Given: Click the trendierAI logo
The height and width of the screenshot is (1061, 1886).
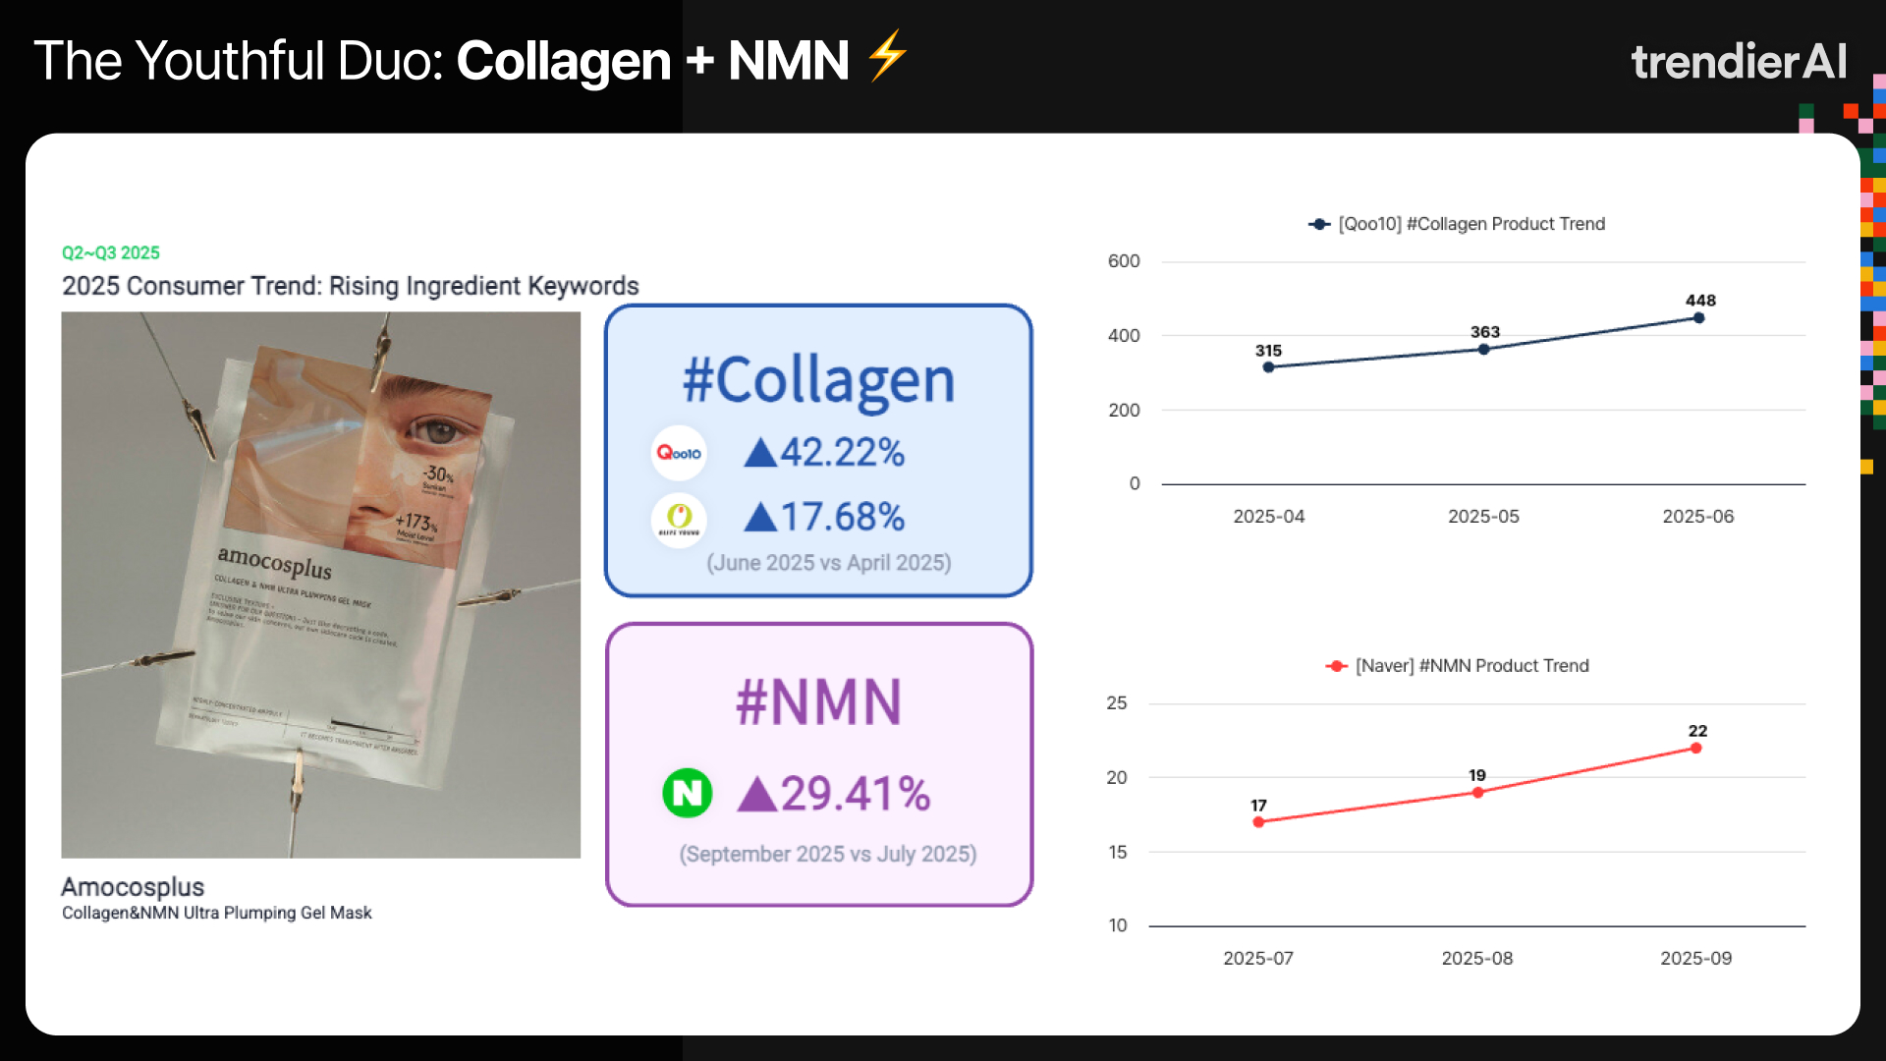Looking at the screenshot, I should point(1739,61).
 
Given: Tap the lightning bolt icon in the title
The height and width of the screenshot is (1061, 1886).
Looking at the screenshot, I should point(887,55).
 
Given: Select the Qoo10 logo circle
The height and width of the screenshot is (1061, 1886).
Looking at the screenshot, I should point(679,453).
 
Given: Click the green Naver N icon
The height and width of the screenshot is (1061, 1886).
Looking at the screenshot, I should point(688,793).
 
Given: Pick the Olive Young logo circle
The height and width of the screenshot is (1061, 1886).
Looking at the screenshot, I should point(679,518).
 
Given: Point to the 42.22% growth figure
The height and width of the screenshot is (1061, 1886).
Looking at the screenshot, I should point(824,453).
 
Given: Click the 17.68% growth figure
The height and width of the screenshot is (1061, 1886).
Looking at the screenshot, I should point(824,518).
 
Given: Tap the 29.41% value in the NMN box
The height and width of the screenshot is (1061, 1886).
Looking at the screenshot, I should point(834,794).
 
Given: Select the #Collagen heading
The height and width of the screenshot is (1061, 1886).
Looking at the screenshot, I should point(818,380).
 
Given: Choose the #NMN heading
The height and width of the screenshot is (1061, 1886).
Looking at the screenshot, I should point(818,702).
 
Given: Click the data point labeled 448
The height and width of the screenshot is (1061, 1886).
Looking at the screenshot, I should point(1698,318).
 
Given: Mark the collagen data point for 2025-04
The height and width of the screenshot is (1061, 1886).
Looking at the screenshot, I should point(1268,367).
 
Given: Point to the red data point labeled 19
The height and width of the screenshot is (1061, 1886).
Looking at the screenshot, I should point(1477,793).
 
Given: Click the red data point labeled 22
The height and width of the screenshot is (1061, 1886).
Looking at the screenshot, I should point(1696,749).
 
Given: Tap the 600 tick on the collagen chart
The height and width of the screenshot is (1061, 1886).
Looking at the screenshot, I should point(1124,261).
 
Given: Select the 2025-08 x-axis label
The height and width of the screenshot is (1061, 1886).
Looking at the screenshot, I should point(1476,958).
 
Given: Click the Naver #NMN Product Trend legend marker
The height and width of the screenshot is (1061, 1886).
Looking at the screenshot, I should point(1336,666).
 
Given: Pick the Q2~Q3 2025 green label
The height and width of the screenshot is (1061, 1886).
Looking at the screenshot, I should point(111,252).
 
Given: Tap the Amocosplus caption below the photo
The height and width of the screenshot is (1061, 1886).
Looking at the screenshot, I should point(133,887).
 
